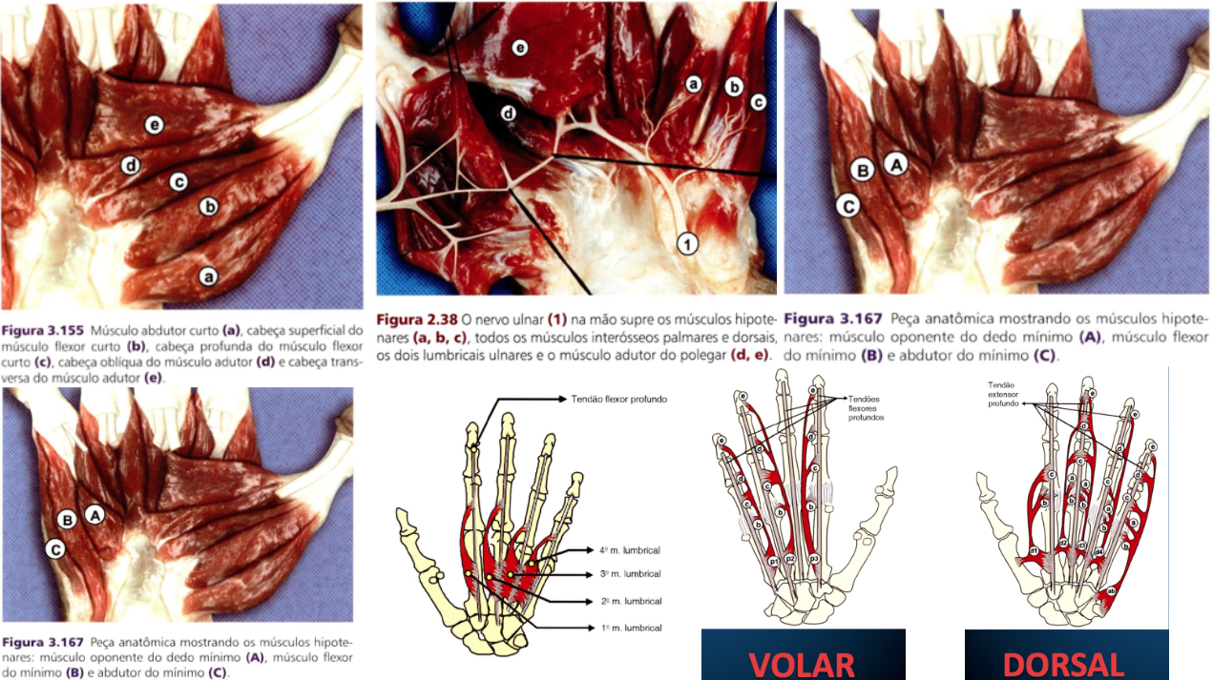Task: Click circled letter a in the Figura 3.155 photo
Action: (x=206, y=277)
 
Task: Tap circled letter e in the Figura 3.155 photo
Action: (x=156, y=124)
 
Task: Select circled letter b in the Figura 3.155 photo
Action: (x=207, y=205)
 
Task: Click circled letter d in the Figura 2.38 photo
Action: (x=509, y=113)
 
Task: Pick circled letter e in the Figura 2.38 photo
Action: (x=519, y=47)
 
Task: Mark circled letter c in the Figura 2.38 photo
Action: (x=759, y=101)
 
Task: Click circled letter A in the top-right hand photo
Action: (x=894, y=163)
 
